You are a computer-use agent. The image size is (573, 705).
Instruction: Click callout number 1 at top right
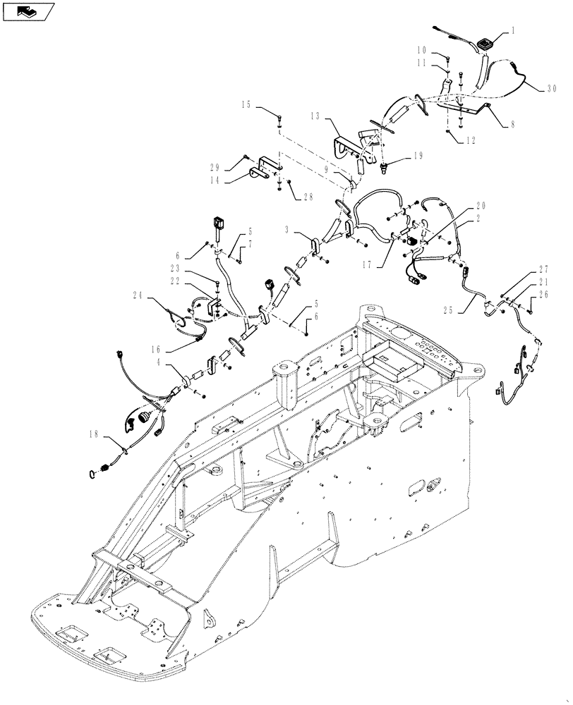513,32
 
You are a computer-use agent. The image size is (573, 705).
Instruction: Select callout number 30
552,90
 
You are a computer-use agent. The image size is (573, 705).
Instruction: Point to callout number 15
246,105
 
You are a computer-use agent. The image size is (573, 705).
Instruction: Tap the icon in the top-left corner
29,11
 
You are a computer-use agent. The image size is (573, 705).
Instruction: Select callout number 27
543,269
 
